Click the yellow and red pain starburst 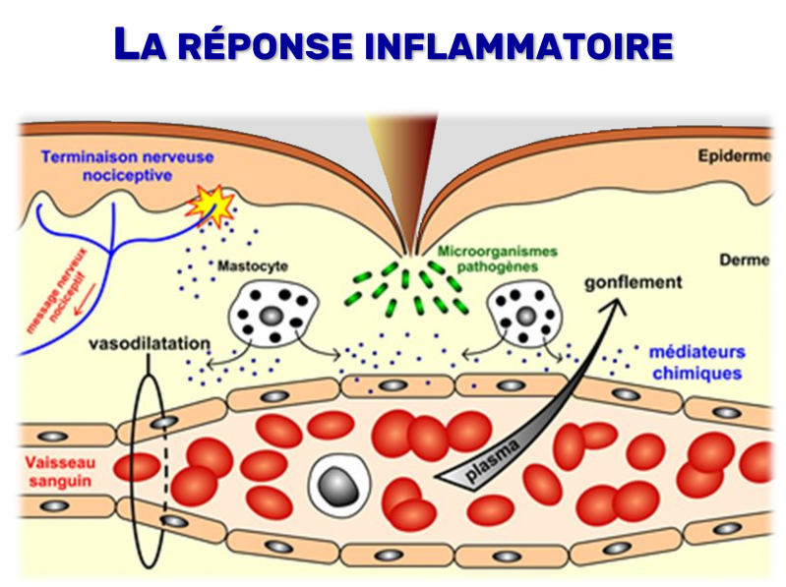pos(211,205)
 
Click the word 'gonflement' pos(634,282)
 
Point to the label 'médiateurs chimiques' pos(695,363)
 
